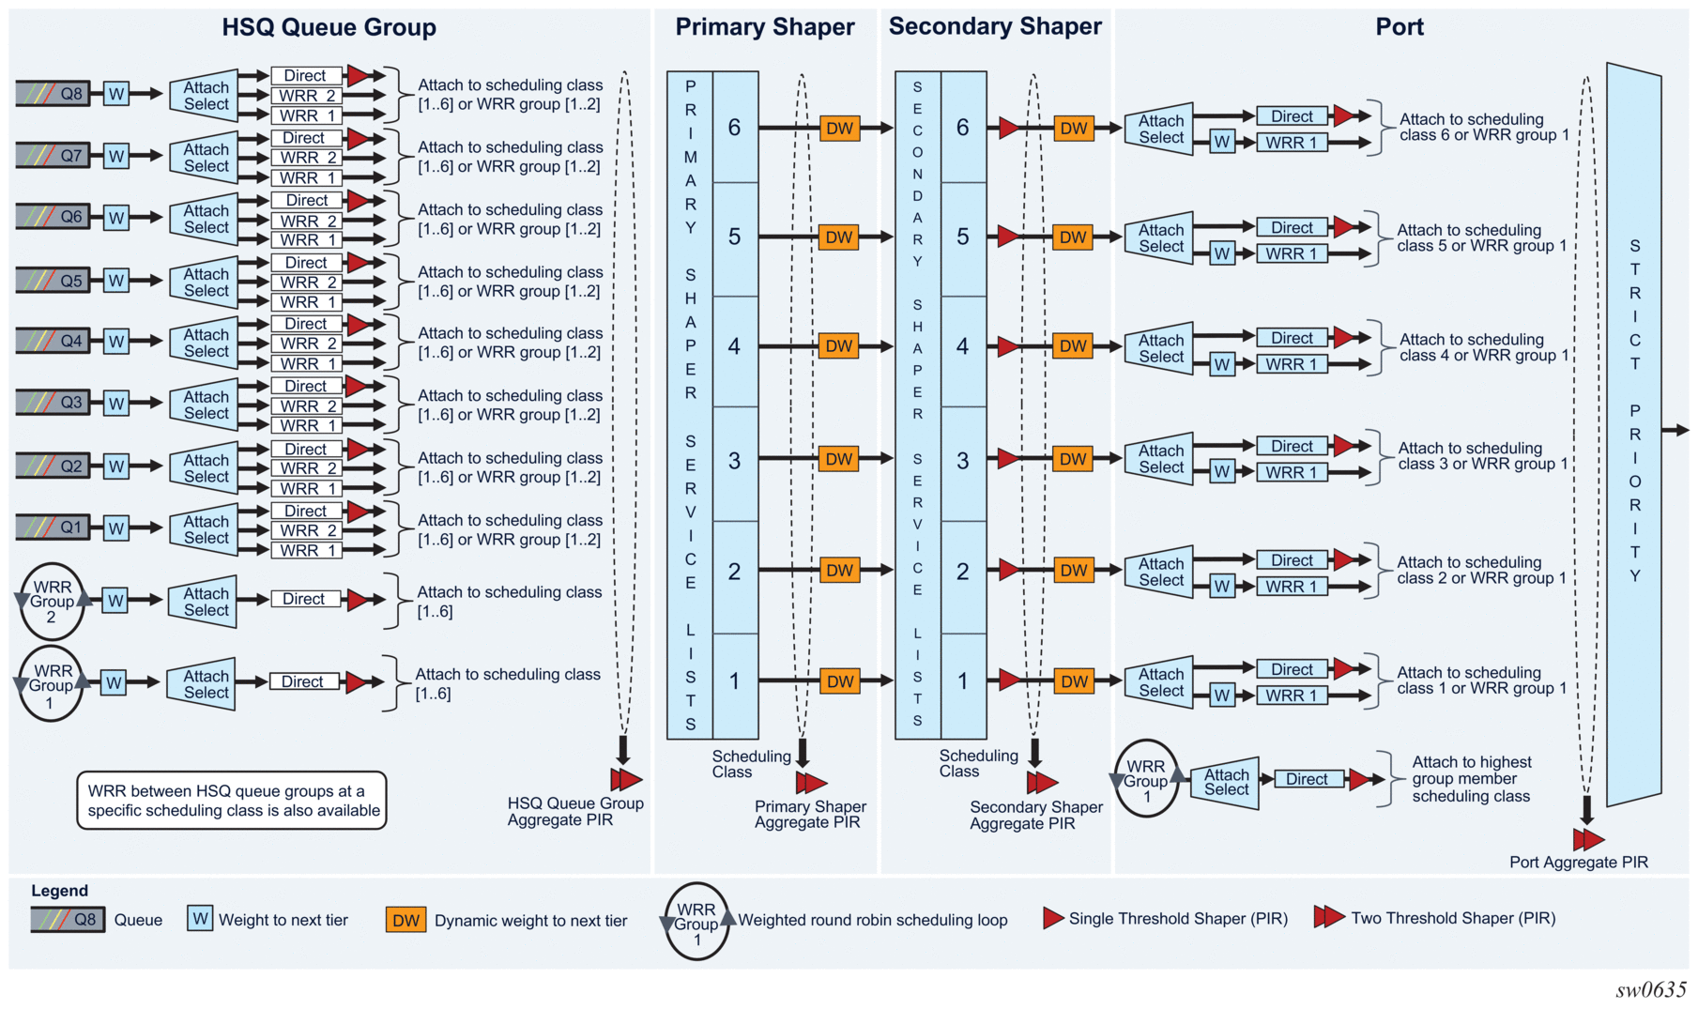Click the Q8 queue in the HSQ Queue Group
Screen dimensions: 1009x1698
click(53, 93)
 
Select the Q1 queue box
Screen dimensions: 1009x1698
click(53, 527)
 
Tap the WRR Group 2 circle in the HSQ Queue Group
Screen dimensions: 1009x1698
click(52, 602)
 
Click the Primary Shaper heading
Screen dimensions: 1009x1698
click(764, 27)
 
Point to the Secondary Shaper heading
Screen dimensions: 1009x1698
click(995, 26)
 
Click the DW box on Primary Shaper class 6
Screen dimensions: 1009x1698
click(839, 129)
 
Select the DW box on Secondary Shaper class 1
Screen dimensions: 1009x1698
click(1073, 681)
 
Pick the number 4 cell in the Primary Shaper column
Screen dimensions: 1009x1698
click(734, 346)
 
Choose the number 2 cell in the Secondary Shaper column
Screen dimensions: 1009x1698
click(962, 571)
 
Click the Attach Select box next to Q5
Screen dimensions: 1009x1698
click(205, 282)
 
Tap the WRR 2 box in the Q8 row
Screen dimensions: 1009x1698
click(306, 96)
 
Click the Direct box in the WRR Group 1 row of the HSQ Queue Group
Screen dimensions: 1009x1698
click(304, 682)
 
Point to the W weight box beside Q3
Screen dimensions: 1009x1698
click(116, 404)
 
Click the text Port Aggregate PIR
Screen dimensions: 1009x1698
click(1578, 862)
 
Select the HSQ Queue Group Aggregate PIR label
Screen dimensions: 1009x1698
click(574, 811)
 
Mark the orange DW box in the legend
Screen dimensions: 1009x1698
click(405, 920)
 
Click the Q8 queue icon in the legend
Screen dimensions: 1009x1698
click(68, 920)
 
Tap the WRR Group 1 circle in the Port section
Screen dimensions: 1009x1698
click(1146, 781)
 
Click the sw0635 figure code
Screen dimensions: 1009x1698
click(1650, 990)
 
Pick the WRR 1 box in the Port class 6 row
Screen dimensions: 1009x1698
click(1292, 143)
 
